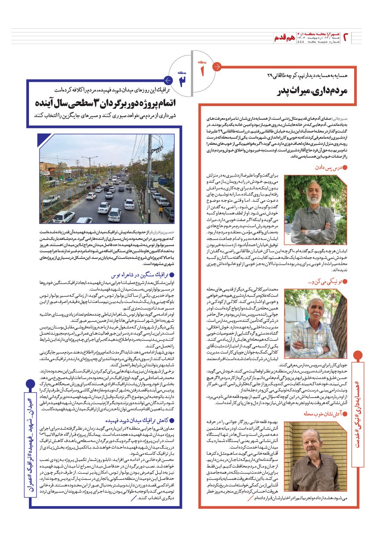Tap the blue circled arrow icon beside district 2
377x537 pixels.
click(x=167, y=81)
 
